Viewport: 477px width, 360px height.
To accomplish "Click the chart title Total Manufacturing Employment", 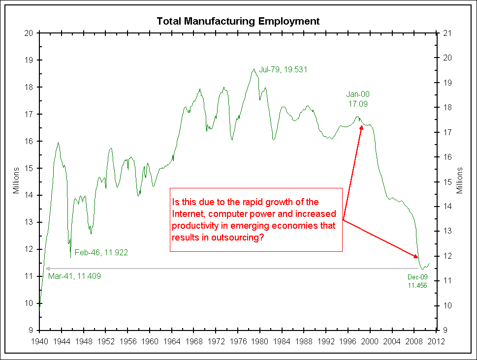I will (x=238, y=21).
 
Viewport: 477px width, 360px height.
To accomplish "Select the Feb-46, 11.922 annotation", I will (x=101, y=253).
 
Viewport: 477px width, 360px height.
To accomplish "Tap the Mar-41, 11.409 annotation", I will (x=74, y=276).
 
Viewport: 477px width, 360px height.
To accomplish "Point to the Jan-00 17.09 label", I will (x=357, y=99).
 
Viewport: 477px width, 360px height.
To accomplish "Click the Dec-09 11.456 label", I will (x=417, y=281).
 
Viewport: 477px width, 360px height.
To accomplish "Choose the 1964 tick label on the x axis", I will (x=172, y=340).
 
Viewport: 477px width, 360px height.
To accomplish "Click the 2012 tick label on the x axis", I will (x=437, y=340).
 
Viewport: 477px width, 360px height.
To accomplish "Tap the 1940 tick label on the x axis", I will (x=39, y=340).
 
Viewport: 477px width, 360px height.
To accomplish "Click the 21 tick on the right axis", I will (x=448, y=33).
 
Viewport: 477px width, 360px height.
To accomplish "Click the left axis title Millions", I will (x=16, y=180).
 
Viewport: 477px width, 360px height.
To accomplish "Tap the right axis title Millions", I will (x=460, y=180).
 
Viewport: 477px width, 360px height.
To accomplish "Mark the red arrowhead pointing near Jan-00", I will (x=361, y=127).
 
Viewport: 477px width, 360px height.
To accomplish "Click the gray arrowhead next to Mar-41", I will (x=47, y=269).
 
